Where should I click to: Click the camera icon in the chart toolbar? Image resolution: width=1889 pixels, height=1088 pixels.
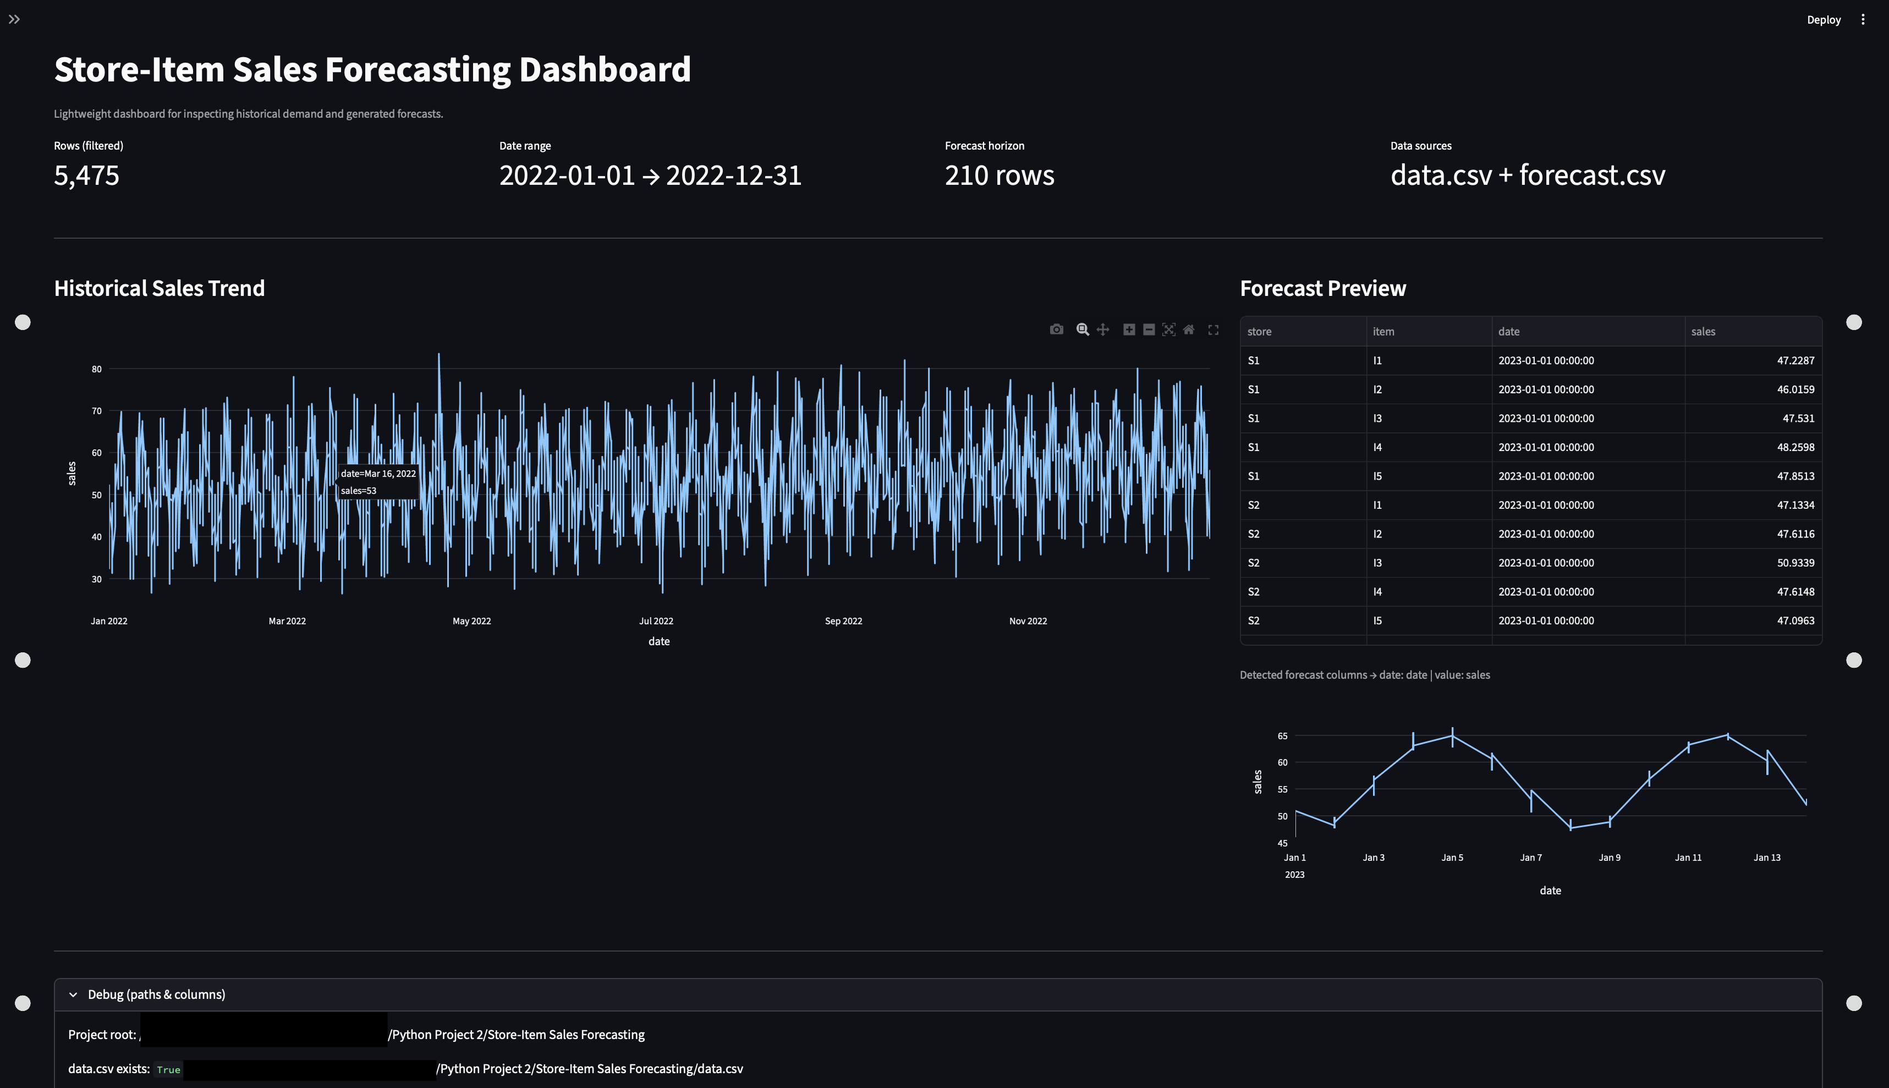[x=1056, y=329]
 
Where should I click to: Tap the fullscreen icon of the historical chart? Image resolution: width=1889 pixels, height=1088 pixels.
[x=1213, y=329]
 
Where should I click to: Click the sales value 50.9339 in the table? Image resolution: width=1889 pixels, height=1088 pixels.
[x=1795, y=563]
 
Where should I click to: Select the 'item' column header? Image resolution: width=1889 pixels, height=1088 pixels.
[x=1383, y=331]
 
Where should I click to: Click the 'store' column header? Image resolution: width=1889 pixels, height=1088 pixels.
[x=1259, y=331]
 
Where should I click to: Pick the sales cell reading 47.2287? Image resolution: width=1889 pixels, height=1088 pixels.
[x=1795, y=360]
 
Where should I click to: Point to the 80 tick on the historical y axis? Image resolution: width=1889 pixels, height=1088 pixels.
[x=96, y=369]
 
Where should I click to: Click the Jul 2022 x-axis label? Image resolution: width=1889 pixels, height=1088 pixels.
[x=656, y=621]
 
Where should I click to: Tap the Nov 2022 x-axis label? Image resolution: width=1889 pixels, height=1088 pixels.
[x=1028, y=621]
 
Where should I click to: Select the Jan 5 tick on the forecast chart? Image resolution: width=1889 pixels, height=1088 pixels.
[x=1452, y=857]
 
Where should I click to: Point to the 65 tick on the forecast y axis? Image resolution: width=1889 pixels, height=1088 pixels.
[x=1282, y=736]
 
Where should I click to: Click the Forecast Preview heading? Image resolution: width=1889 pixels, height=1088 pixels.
[x=1322, y=288]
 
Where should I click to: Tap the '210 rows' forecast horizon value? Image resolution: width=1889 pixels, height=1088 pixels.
[x=999, y=175]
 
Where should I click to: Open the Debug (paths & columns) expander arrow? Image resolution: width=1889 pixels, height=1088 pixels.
[x=73, y=994]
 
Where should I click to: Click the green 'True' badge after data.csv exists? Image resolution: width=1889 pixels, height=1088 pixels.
[x=168, y=1069]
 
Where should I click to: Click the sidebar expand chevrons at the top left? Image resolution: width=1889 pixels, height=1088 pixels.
[x=14, y=19]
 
